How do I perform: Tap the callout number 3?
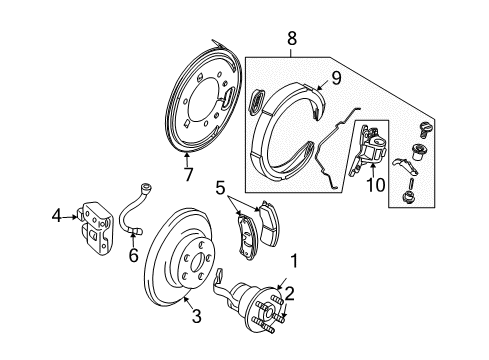(x=196, y=317)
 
